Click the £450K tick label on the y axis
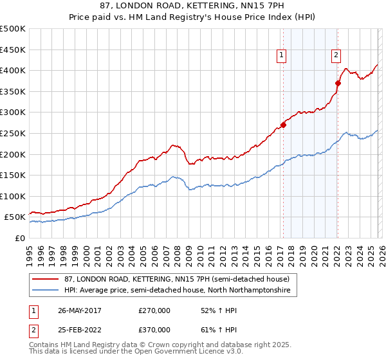point(13,50)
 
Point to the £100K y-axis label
point(13,196)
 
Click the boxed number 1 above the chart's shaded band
point(282,56)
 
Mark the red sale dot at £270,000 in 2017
point(283,125)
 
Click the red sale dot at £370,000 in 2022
point(338,82)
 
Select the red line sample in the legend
point(45,280)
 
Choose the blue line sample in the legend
point(45,291)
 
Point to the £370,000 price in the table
point(154,329)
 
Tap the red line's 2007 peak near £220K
point(173,145)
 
